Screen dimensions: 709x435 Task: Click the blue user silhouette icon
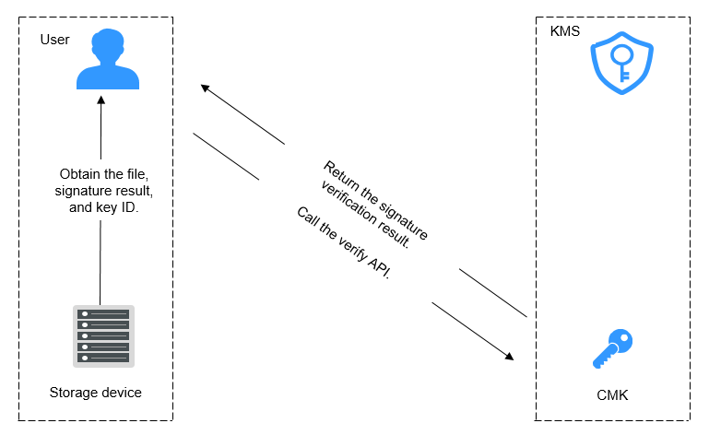pos(108,59)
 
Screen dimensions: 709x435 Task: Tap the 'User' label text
pos(54,40)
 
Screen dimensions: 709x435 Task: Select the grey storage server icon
pos(103,336)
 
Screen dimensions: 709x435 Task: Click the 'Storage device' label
pos(95,393)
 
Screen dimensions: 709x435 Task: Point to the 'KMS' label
pos(565,31)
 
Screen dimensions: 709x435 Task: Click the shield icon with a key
pos(621,64)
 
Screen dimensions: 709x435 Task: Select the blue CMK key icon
pos(613,348)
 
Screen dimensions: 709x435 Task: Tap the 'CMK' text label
pos(612,395)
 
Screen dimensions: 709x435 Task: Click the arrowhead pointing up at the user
pos(101,100)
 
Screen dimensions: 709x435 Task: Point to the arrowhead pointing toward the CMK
pos(510,357)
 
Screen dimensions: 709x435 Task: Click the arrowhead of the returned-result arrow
pos(205,88)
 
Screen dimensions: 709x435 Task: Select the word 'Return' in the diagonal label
pos(341,176)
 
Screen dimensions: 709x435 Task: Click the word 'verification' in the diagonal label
pos(349,202)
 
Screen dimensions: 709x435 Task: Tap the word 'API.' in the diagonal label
pos(379,267)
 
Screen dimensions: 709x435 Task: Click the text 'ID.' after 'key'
pos(130,207)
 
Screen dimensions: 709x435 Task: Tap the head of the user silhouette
pos(108,46)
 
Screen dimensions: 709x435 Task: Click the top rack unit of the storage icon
pos(103,314)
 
